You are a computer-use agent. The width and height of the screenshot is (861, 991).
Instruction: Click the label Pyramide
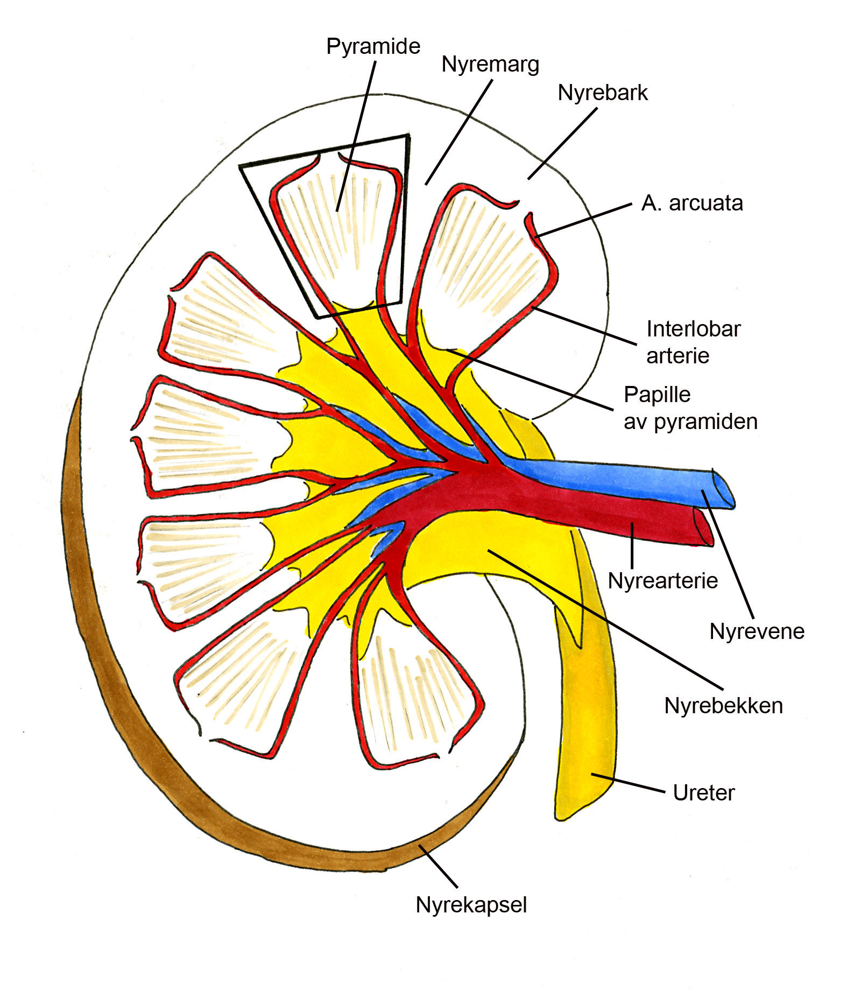click(373, 47)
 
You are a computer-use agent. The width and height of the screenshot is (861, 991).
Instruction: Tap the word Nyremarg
click(490, 65)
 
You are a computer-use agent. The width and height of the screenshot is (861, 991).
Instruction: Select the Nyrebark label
click(602, 93)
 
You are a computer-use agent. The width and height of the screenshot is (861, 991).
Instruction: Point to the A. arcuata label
click(691, 203)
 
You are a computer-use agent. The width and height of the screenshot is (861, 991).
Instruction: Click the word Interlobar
click(693, 329)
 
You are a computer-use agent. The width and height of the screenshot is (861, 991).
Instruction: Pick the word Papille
click(657, 395)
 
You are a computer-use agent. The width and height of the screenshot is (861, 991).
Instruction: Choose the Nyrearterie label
click(662, 581)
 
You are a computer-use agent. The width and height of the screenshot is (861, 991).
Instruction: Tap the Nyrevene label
click(757, 631)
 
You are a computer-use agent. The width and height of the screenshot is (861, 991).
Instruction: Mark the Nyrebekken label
click(723, 706)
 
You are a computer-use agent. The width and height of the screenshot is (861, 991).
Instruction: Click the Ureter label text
click(703, 793)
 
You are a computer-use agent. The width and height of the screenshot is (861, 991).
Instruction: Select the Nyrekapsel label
click(471, 905)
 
